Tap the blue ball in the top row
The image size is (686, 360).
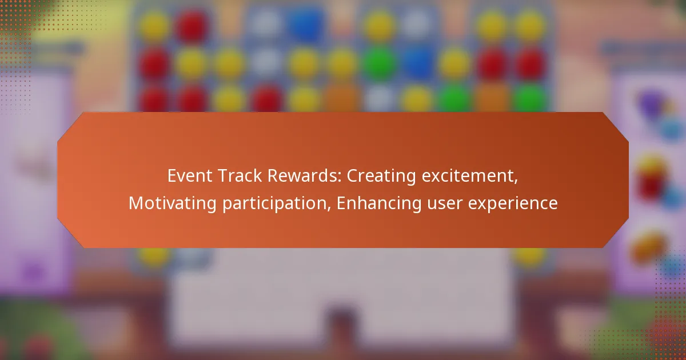[x=304, y=24]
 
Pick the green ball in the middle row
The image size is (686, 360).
[x=380, y=62]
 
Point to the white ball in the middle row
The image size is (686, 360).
[x=266, y=62]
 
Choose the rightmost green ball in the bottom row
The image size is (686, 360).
[x=528, y=98]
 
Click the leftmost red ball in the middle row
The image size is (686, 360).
[x=155, y=62]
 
